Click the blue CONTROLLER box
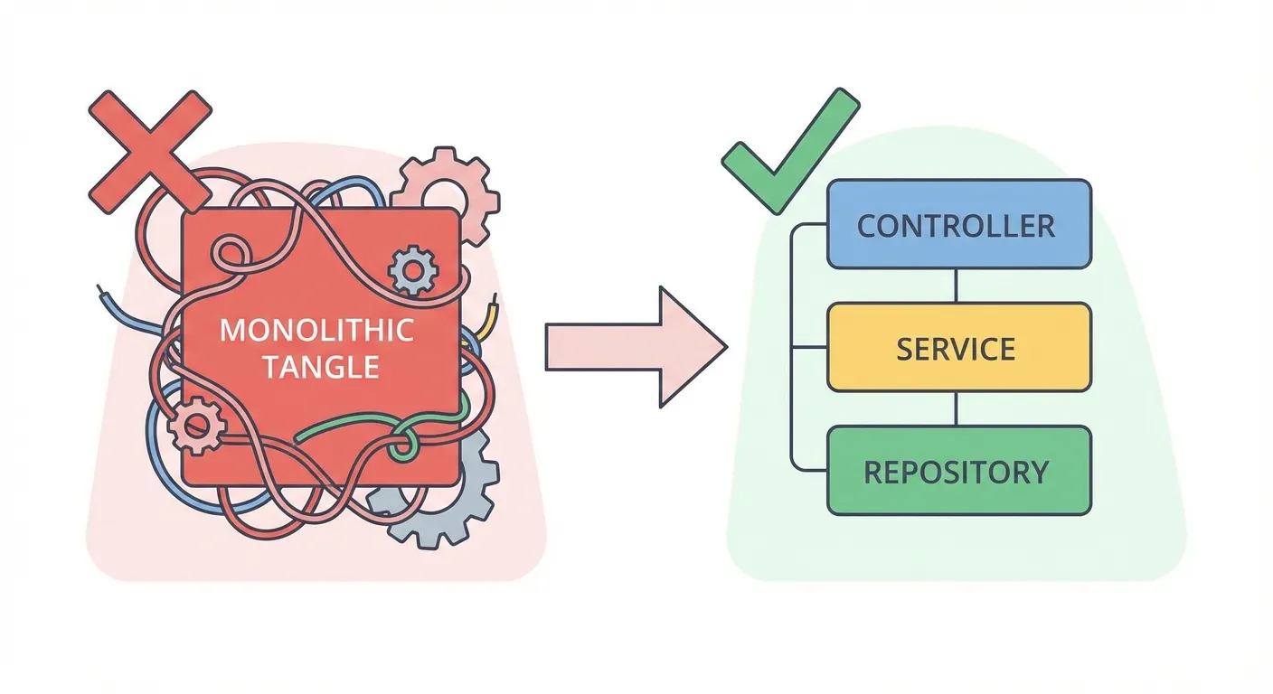[958, 224]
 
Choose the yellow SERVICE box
[958, 348]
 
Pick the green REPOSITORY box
[958, 471]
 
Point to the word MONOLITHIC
[316, 330]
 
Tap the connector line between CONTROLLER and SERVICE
[956, 286]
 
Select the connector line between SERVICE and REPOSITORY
[956, 408]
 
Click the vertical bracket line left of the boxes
[791, 348]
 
